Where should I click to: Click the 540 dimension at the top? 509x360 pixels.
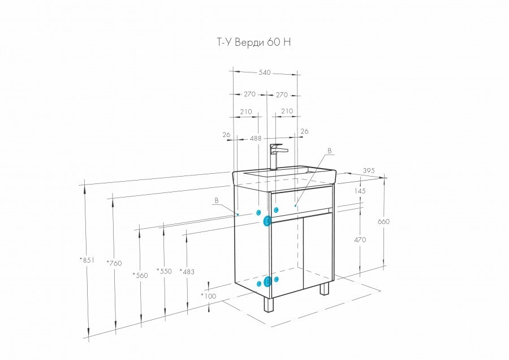tap(265, 72)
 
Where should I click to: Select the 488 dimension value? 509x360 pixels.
tap(256, 138)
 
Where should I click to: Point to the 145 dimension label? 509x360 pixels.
tap(360, 191)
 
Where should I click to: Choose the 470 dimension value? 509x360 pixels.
tap(360, 239)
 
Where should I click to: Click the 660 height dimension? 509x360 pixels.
tap(383, 221)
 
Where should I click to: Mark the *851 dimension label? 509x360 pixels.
tap(87, 260)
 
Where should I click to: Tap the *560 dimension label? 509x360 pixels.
tap(140, 275)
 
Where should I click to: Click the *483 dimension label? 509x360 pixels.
tap(187, 272)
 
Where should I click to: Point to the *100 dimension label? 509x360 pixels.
tap(209, 296)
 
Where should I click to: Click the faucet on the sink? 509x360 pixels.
tap(276, 156)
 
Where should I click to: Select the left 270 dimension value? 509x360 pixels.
tap(249, 95)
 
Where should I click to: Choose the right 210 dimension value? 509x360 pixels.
tap(287, 112)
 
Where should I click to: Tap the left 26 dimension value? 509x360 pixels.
tap(226, 135)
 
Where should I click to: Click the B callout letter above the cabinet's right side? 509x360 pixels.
tap(330, 151)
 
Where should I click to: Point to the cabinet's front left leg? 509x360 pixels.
tap(268, 306)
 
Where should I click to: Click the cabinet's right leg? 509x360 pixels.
tap(324, 289)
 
